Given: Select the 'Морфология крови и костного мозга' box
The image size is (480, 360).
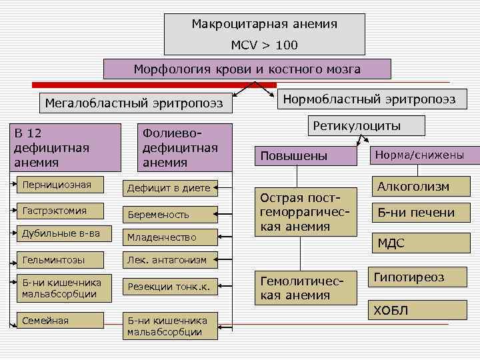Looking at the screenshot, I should coord(247,69).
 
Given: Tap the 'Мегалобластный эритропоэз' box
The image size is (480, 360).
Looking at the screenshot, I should coord(133,103).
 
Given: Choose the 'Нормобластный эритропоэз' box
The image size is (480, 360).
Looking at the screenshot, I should coord(369,99).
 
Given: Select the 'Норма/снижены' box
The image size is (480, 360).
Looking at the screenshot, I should coord(419,155).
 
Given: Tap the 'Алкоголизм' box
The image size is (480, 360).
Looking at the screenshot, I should coord(413,187).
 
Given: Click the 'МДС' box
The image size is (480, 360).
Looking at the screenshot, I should coord(391,243).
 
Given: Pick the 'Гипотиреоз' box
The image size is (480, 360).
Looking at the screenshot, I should coord(409,277).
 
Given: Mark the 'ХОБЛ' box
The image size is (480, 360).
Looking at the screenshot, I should coord(391,311).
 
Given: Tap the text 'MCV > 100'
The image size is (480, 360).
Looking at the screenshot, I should coord(265,45).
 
